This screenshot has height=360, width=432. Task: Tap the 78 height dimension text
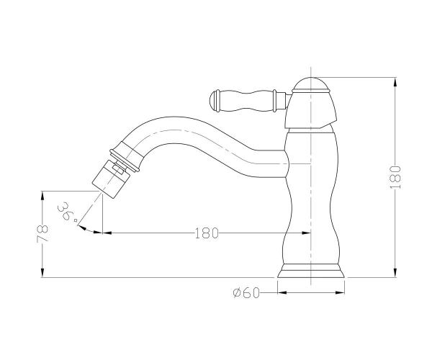coord(42,233)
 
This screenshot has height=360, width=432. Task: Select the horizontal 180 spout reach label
coord(207,233)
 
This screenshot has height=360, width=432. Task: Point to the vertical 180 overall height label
coord(395,177)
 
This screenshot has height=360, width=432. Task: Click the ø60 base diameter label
coord(246,293)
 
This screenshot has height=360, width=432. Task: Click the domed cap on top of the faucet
coord(311,84)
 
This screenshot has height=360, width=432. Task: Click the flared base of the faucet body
coord(311,271)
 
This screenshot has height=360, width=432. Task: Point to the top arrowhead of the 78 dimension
coord(42,196)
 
